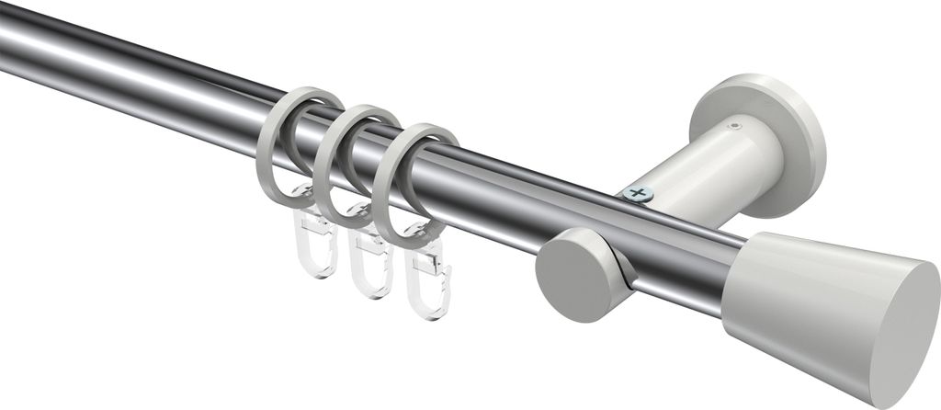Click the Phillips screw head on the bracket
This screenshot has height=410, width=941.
[x=636, y=193]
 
